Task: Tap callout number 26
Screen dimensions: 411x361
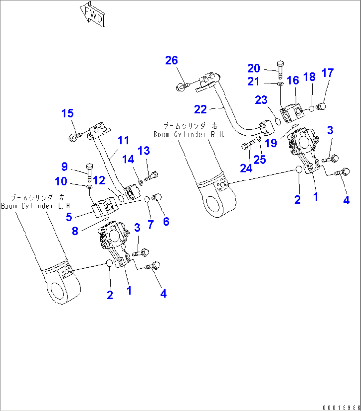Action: [x=172, y=61]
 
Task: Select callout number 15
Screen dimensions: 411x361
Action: [x=67, y=113]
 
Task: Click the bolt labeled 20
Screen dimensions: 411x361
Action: [x=280, y=69]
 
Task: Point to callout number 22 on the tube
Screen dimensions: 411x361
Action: [x=200, y=109]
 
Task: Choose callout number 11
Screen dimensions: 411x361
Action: [x=124, y=140]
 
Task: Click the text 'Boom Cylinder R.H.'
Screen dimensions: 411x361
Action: [x=189, y=134]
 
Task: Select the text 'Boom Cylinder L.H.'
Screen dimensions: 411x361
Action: [x=36, y=206]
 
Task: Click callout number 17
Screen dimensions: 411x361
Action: [x=328, y=73]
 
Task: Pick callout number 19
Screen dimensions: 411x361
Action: [x=271, y=143]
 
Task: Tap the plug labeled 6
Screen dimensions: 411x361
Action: [x=156, y=198]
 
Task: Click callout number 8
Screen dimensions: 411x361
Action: [x=75, y=231]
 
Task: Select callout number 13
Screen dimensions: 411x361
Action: [x=144, y=151]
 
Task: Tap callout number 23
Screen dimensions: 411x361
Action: [x=261, y=100]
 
